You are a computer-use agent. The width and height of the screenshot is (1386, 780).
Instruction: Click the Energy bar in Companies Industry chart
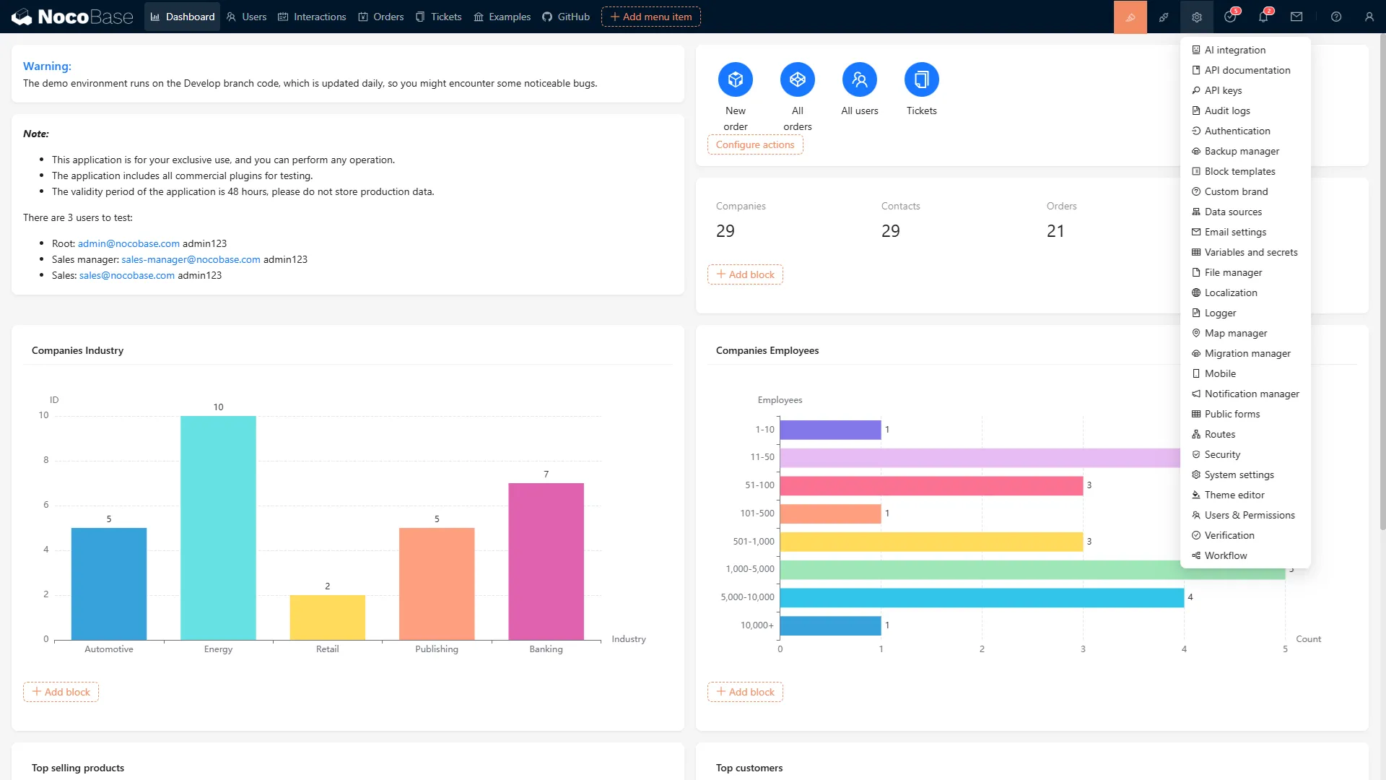[218, 527]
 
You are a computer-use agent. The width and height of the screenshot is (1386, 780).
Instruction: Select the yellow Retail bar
[327, 617]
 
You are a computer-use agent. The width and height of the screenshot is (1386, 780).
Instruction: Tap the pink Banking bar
[546, 561]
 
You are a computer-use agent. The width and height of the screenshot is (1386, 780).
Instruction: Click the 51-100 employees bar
[931, 485]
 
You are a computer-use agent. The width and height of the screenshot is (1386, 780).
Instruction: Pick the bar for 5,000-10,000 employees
[982, 597]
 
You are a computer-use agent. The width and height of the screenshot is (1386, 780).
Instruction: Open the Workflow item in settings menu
[1225, 555]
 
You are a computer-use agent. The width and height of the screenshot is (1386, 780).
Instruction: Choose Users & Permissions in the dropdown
[1249, 515]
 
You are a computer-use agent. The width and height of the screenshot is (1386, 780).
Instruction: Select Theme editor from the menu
[1234, 495]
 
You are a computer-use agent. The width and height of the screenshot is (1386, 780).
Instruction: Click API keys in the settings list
[1223, 90]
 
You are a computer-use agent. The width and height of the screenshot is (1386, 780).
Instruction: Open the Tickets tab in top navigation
[439, 17]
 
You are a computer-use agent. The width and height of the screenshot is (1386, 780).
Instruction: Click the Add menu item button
[650, 17]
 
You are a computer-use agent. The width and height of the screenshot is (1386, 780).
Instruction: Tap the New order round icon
[735, 79]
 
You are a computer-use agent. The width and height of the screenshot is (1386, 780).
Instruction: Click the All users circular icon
[859, 79]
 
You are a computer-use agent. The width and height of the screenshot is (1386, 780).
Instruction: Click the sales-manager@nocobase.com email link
[191, 259]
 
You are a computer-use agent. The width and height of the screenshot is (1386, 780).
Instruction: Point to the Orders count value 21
[1055, 231]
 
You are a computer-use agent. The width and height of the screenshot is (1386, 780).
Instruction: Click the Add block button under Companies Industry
[61, 692]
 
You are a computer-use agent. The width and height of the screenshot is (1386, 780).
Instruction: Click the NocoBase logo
[72, 17]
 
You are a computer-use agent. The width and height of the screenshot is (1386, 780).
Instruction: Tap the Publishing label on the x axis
[436, 649]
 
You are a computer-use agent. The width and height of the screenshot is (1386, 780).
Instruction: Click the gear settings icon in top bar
[1196, 17]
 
